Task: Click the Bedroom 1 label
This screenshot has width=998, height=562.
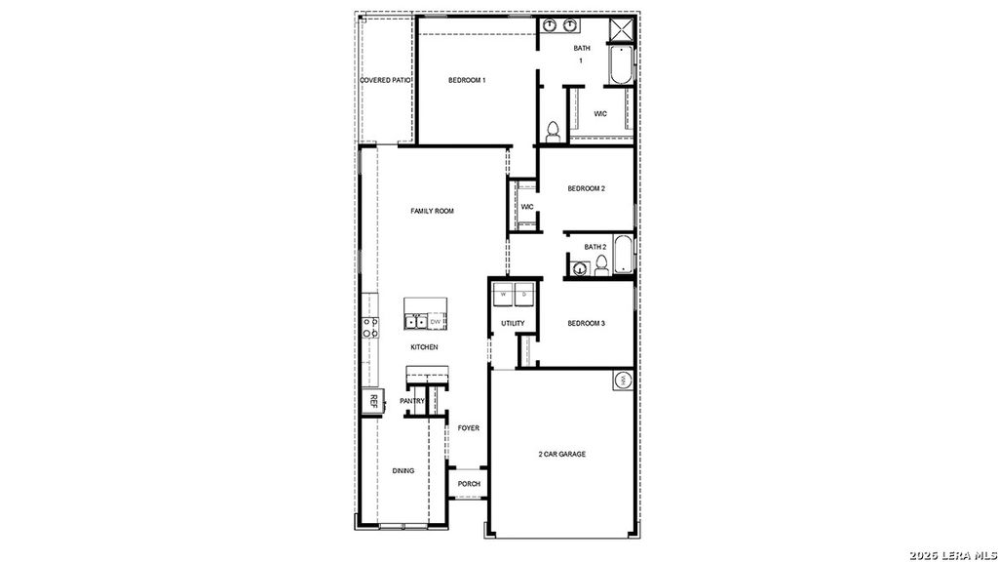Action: pos(467,80)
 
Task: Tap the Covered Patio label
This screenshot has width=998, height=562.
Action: pos(387,80)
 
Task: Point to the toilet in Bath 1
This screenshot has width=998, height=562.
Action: pos(553,131)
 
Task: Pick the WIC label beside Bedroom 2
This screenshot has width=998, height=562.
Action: pos(526,207)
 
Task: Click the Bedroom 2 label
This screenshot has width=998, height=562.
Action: pos(587,188)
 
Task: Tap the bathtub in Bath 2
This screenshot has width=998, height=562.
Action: pos(623,254)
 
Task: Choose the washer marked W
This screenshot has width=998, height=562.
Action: pos(504,294)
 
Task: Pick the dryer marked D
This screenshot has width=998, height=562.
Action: pos(524,294)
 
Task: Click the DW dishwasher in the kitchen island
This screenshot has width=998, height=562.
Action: pos(437,321)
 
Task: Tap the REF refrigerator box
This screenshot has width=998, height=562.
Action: pos(372,399)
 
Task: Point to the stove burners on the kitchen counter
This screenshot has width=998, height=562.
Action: pos(370,328)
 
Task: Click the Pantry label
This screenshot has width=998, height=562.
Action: pos(412,400)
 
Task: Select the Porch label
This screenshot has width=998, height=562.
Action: pos(469,484)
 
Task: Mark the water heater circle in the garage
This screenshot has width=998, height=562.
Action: pos(622,381)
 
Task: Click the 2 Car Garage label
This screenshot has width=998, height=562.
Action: pos(562,454)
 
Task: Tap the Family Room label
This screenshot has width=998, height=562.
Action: pos(432,211)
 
